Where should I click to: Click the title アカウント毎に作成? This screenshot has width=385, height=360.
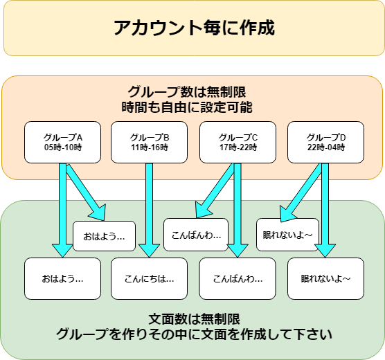coord(194,28)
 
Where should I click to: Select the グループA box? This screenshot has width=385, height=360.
coord(62,142)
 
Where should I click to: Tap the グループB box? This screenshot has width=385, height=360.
coord(149,142)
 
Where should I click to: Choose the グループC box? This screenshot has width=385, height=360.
coord(238,142)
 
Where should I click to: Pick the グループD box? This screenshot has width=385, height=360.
coord(325,142)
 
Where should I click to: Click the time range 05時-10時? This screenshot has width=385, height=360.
coord(63,147)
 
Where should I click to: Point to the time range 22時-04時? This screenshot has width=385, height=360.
coord(326,147)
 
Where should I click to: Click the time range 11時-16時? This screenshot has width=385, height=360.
coord(150,147)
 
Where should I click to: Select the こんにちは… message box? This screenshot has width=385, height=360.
coord(149,279)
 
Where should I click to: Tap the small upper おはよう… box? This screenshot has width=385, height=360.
coord(104,236)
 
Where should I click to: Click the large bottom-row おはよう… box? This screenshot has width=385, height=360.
coord(62,279)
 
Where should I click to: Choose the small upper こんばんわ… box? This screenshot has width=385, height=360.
coord(196,235)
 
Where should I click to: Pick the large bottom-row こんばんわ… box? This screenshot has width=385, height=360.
coord(238,279)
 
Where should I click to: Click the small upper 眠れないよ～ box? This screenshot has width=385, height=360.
coord(287,235)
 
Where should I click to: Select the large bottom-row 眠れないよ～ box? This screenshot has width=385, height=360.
coord(325,279)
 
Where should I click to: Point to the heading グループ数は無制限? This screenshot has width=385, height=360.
coord(187,92)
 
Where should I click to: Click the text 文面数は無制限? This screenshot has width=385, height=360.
coord(194,319)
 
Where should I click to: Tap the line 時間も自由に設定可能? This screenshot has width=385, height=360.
coord(187,107)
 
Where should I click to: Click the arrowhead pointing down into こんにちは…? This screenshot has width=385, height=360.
coord(150,251)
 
